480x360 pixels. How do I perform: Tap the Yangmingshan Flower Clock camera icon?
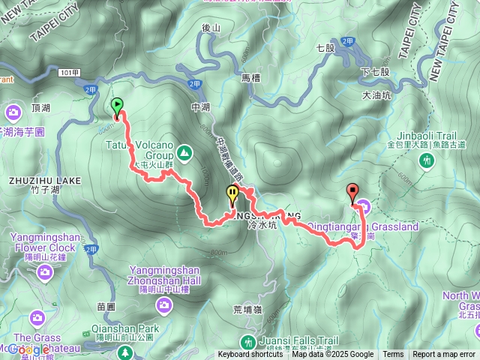pyautogui.click(x=45, y=271)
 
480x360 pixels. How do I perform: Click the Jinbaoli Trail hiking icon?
pyautogui.click(x=427, y=159)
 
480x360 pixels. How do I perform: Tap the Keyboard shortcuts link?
pyautogui.click(x=250, y=355)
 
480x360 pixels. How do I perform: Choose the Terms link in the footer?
pyautogui.click(x=393, y=355)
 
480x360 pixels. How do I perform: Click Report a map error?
pyautogui.click(x=444, y=355)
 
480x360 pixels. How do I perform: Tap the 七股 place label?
pyautogui.click(x=325, y=47)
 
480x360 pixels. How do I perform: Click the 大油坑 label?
pyautogui.click(x=376, y=95)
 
